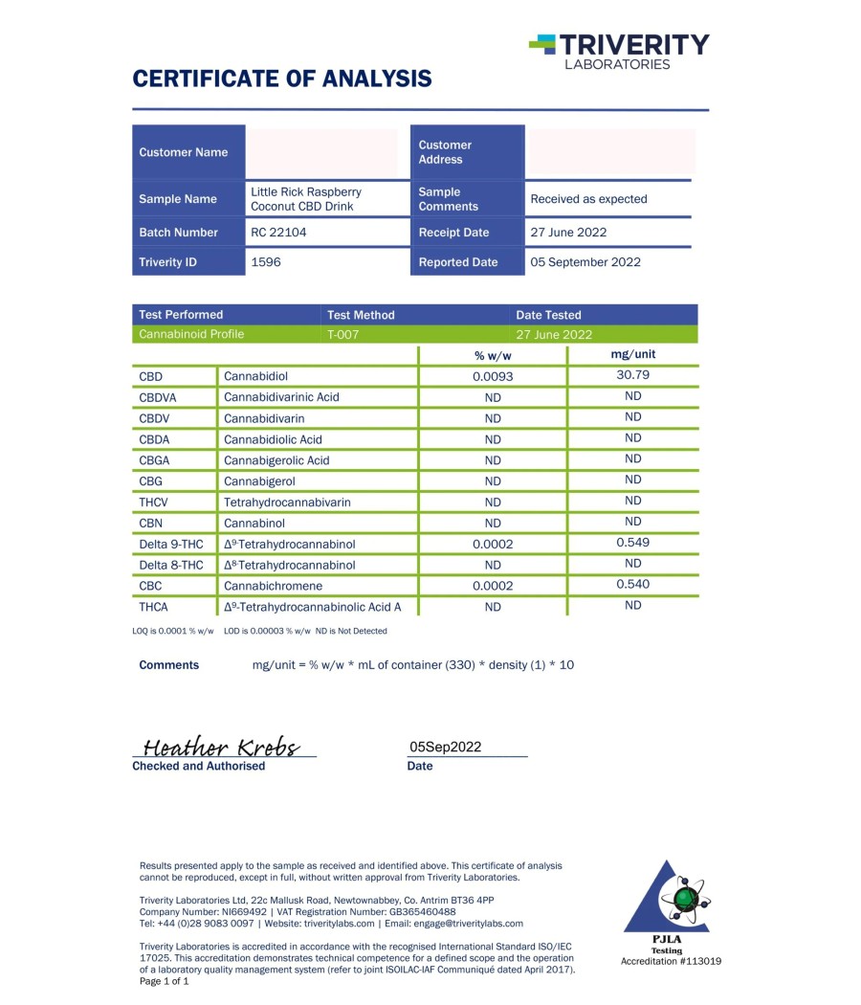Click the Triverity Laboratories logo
click(619, 51)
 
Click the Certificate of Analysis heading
click(281, 78)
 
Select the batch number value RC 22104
click(278, 232)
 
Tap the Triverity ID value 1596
click(266, 261)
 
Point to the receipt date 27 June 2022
click(568, 232)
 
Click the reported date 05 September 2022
click(585, 261)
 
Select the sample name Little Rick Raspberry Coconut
click(306, 199)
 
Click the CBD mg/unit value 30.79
click(633, 375)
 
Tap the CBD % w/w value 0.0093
click(493, 376)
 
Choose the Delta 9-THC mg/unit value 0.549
click(633, 543)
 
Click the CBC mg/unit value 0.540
click(633, 584)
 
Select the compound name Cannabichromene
click(273, 586)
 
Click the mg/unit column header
click(633, 354)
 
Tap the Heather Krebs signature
click(221, 748)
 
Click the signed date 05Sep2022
click(446, 748)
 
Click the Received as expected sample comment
click(588, 199)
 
